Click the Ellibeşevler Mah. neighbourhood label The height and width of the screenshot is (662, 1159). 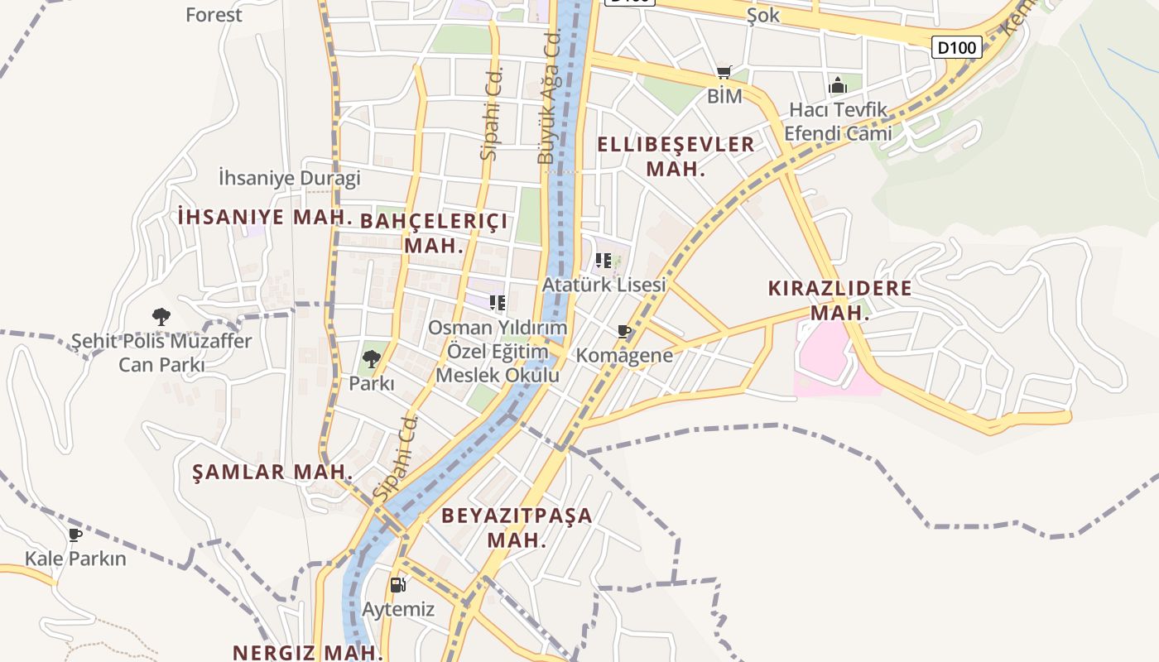point(676,156)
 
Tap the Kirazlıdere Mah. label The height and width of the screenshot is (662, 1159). point(839,300)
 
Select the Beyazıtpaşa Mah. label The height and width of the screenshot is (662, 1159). point(517,527)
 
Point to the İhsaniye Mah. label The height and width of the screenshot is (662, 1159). point(265,217)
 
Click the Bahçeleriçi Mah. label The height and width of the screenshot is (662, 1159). point(434,233)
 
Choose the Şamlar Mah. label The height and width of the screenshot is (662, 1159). point(272,473)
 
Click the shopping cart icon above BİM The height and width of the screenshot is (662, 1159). point(724,73)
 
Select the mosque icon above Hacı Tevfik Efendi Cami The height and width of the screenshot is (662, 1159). point(838,85)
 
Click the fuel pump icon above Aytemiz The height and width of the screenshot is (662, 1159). point(398,585)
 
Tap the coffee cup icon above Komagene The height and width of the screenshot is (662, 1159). point(624,333)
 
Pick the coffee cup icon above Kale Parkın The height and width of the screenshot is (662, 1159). point(75,535)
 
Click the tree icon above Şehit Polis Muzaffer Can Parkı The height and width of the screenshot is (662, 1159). point(161,316)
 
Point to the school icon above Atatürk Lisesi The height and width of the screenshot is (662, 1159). point(604,261)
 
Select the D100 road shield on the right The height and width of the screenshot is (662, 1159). point(957,47)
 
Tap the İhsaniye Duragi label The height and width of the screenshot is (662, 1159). point(290,178)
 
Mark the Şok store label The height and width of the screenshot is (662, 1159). point(763,15)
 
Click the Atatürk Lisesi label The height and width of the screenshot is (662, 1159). point(604,285)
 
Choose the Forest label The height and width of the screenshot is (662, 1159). point(214,14)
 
